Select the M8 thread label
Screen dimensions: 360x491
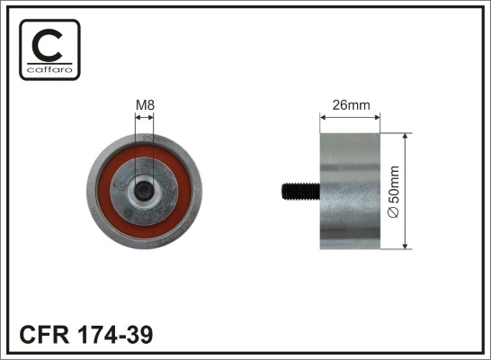click(144, 105)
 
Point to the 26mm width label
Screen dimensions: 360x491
click(351, 105)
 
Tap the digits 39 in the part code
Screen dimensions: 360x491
click(140, 335)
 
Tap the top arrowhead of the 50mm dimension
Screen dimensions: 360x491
click(407, 136)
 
